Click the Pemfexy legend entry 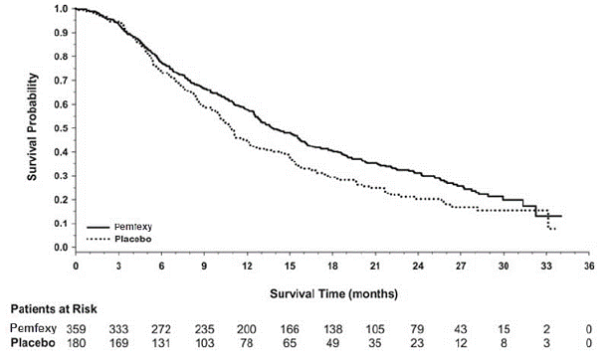[135, 228]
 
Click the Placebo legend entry [134, 239]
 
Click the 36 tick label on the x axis [589, 267]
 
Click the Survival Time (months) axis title [333, 293]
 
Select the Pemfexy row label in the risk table [31, 328]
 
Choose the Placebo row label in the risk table [31, 343]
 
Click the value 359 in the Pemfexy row [77, 328]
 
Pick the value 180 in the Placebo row [77, 343]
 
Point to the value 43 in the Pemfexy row [461, 328]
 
